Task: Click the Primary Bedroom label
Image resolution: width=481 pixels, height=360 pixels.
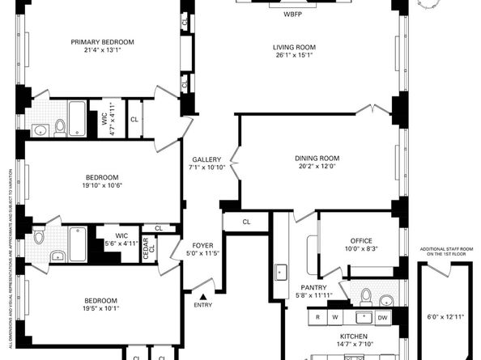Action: click(x=103, y=42)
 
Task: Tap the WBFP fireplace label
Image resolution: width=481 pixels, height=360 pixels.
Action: click(x=292, y=14)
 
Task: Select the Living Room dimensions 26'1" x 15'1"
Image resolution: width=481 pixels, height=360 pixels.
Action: click(x=294, y=55)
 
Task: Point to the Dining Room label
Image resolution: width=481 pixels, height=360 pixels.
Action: click(x=317, y=159)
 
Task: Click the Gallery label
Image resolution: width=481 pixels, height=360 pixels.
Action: click(x=206, y=159)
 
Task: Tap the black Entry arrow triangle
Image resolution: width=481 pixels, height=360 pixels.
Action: click(x=203, y=297)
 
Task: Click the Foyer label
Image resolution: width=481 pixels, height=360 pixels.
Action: click(x=202, y=246)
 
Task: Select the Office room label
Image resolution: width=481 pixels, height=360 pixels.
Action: click(x=361, y=241)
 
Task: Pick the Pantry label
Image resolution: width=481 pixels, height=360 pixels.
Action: click(x=313, y=288)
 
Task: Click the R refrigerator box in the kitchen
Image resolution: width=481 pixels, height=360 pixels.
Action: click(x=317, y=317)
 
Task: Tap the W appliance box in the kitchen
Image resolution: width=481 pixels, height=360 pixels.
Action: click(x=335, y=317)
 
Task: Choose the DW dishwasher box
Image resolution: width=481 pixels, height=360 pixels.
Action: click(x=382, y=318)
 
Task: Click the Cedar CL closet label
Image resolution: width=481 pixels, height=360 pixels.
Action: click(x=149, y=249)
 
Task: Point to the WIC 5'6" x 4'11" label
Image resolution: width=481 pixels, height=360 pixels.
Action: click(x=121, y=236)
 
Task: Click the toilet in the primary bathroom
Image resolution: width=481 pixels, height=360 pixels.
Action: click(x=60, y=128)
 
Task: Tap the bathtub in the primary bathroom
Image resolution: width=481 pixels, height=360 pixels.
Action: click(x=77, y=118)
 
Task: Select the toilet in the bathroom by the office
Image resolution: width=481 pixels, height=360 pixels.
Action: click(x=366, y=297)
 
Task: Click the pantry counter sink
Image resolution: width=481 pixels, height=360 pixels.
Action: click(x=281, y=272)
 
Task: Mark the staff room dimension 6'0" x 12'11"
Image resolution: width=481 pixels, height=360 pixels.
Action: click(x=445, y=317)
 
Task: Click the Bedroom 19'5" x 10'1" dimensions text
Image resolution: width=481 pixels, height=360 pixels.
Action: click(x=101, y=308)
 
